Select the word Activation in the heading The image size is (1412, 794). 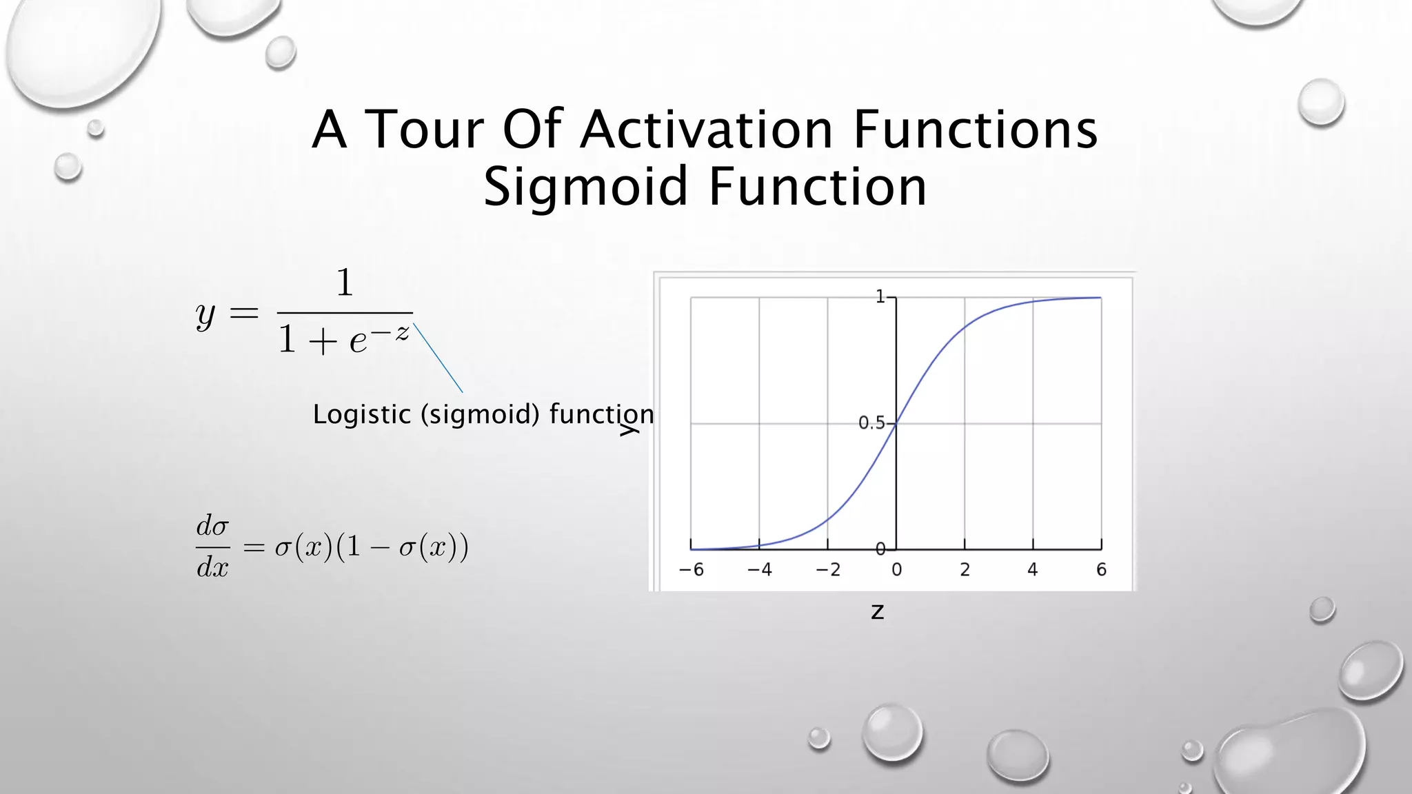coord(707,129)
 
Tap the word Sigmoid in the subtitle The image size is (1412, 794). coord(585,187)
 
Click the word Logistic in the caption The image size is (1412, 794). coord(362,414)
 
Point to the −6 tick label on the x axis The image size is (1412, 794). coord(691,570)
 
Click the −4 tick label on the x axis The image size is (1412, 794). coord(759,570)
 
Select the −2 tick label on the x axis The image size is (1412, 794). coord(827,570)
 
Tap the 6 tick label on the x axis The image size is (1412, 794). coord(1101,570)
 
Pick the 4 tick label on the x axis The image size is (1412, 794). coord(1032,570)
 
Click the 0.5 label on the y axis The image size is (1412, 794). coord(871,423)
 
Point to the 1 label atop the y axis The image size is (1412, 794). coord(880,297)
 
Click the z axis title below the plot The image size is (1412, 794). coord(877,611)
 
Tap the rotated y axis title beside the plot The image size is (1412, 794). coord(629,430)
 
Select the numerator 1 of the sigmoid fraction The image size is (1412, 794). coord(345,283)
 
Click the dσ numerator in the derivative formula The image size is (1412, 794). coord(212,527)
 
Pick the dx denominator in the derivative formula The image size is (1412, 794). coord(212,567)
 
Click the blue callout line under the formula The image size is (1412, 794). coord(438,358)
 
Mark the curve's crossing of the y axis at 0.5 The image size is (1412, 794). coord(896,424)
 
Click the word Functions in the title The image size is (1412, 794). coord(975,129)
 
